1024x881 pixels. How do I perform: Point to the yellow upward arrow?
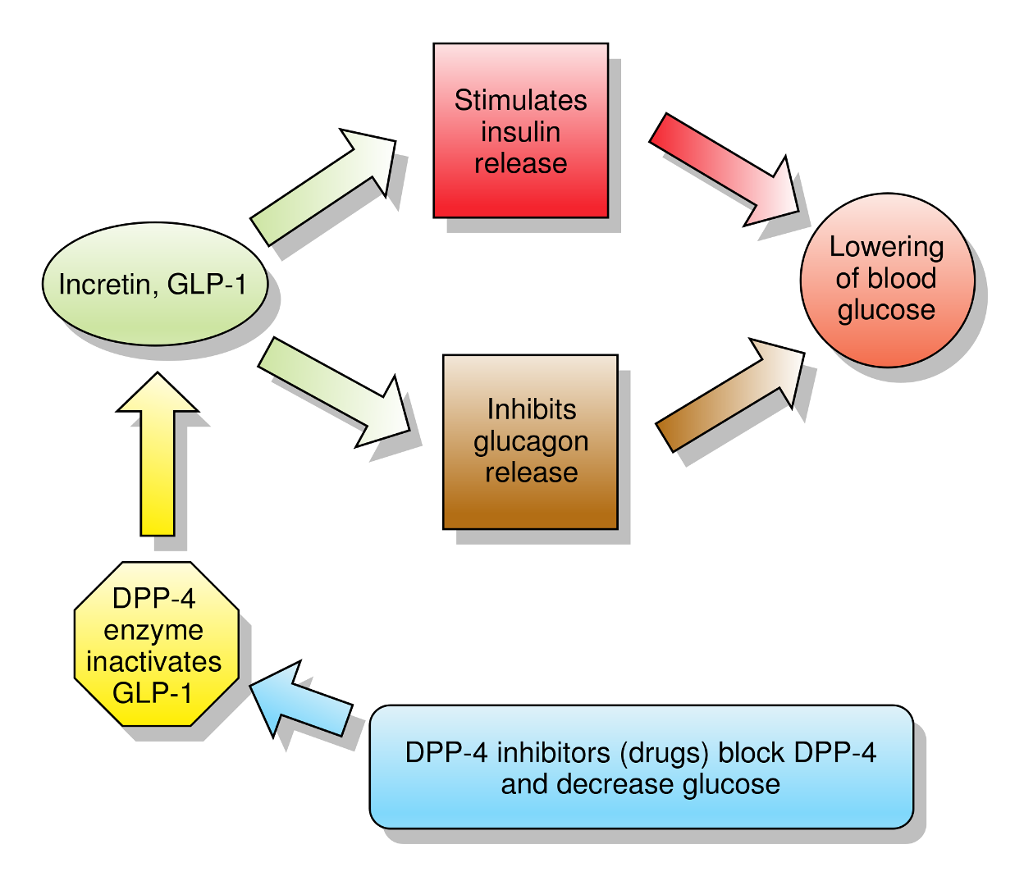(158, 459)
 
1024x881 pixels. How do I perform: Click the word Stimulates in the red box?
(520, 101)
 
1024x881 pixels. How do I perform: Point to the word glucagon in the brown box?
(531, 441)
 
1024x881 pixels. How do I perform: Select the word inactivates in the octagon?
(154, 662)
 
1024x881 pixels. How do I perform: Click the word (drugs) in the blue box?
(664, 752)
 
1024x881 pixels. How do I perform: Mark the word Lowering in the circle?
(886, 247)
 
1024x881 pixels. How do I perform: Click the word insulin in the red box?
(520, 132)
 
